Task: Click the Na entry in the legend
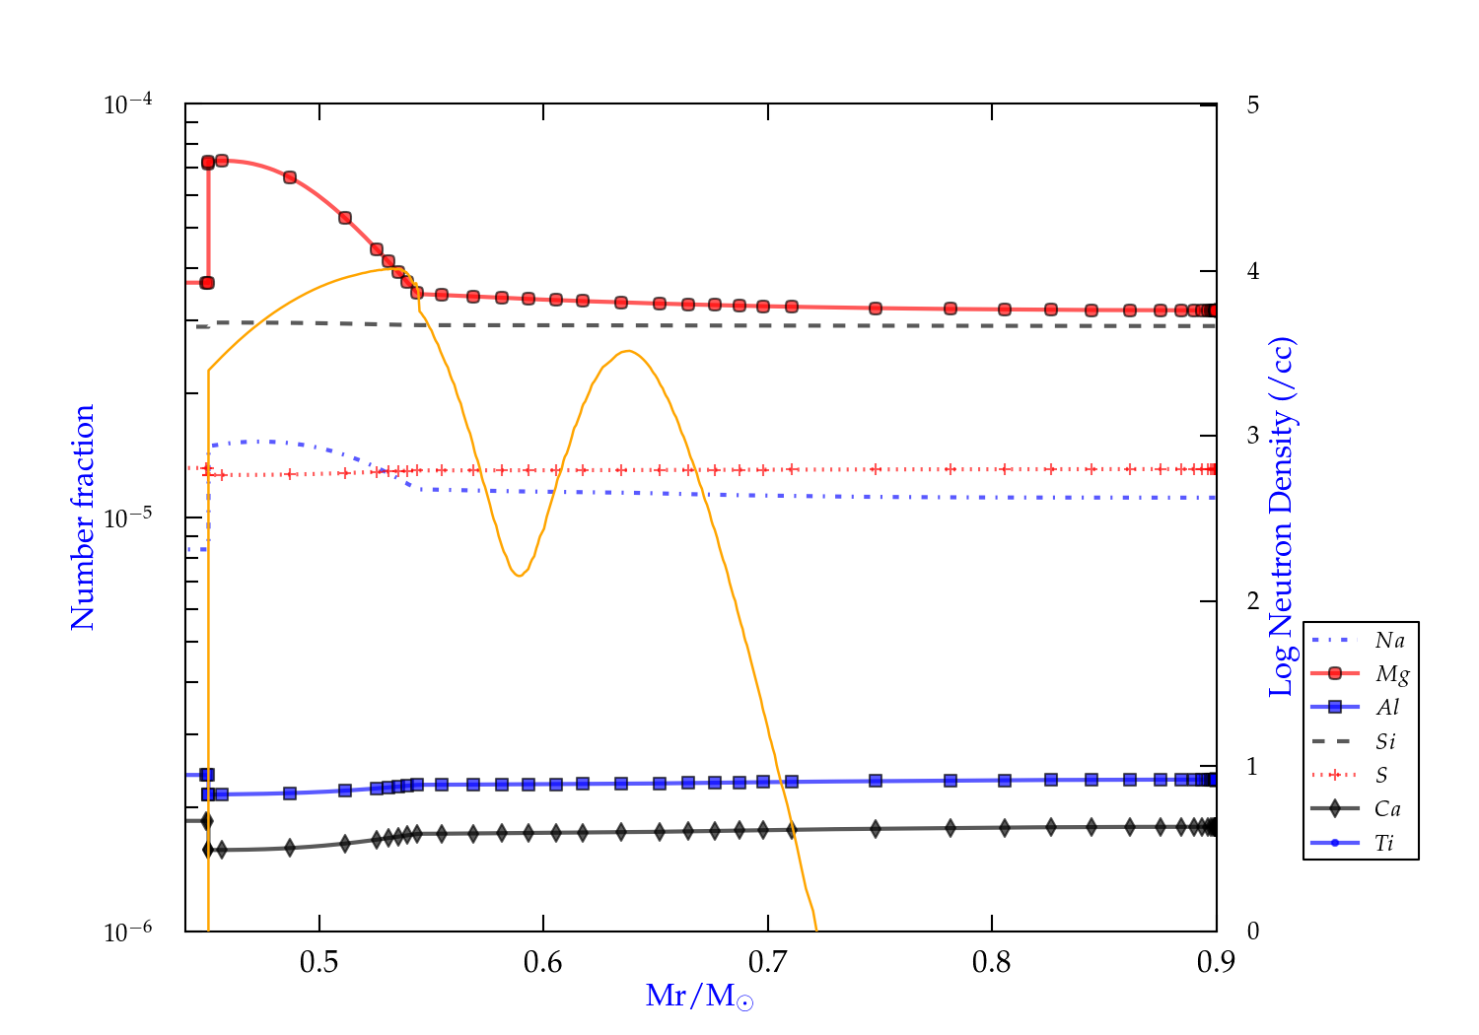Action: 1389,641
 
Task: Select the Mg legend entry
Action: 1391,674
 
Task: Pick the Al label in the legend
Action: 1388,708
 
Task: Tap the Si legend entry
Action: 1385,741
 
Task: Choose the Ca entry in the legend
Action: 1387,809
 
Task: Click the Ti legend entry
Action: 1384,843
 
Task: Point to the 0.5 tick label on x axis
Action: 318,962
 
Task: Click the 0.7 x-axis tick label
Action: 767,962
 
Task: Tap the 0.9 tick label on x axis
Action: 1216,962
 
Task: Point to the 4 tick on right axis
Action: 1252,270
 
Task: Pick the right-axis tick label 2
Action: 1252,600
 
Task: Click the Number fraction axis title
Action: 83,517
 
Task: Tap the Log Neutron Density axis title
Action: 1281,517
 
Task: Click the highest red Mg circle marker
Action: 222,161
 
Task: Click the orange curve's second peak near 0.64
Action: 627,351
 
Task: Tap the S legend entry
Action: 1381,776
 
